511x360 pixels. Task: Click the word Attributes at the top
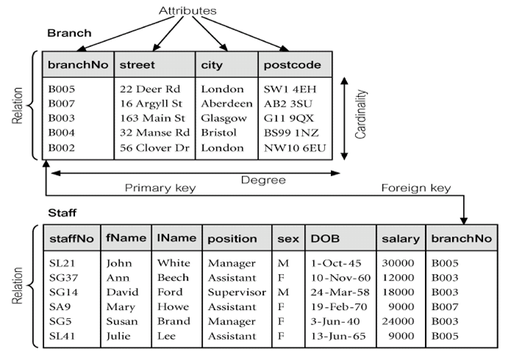pos(189,12)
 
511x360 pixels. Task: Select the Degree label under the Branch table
pos(262,179)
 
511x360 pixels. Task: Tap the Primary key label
pos(160,189)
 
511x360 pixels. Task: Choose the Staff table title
pos(62,212)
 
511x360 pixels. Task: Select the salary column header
pos(401,239)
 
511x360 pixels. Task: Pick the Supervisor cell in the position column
pos(237,292)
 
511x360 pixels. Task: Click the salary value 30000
pos(398,263)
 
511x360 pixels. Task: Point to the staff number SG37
pos(62,278)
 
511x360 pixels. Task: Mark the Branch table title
pos(69,34)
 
